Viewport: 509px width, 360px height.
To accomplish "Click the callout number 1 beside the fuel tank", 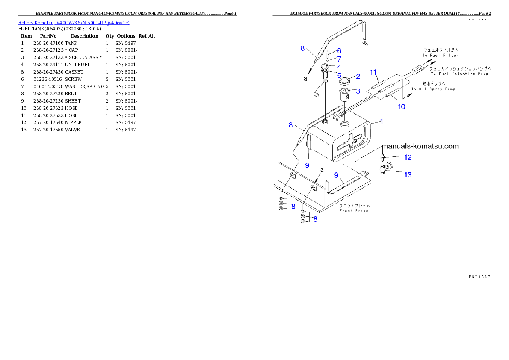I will (x=382, y=122).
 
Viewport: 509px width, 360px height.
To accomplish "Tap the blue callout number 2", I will (x=358, y=77).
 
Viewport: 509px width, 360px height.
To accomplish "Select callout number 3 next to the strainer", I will (x=358, y=91).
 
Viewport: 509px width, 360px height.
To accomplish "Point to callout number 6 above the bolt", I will (x=339, y=51).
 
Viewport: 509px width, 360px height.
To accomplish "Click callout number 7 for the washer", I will (x=339, y=59).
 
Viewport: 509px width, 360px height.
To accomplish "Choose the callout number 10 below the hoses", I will (x=402, y=106).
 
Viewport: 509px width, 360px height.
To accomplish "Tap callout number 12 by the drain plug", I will (x=408, y=157).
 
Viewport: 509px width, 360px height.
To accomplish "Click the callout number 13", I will (x=408, y=174).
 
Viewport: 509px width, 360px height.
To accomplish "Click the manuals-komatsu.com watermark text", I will (x=420, y=146).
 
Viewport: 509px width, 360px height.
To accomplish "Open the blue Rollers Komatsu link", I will (x=74, y=22).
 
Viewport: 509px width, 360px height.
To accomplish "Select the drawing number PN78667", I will (x=479, y=276).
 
